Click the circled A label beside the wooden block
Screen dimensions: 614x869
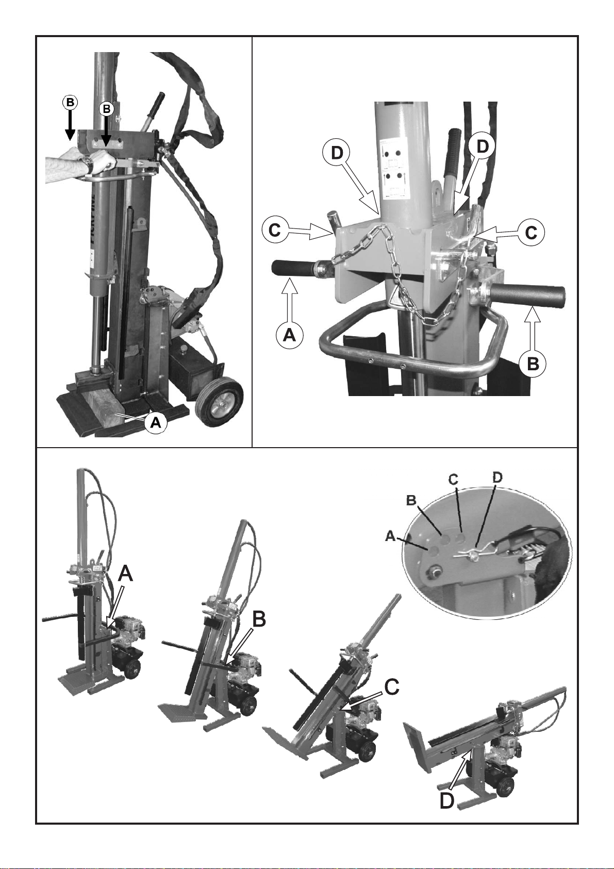point(156,422)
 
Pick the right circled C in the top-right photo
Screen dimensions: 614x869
point(531,233)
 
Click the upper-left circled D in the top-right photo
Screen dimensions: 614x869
point(337,153)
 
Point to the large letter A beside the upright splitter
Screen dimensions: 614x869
point(125,574)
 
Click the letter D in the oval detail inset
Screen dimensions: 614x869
point(497,478)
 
